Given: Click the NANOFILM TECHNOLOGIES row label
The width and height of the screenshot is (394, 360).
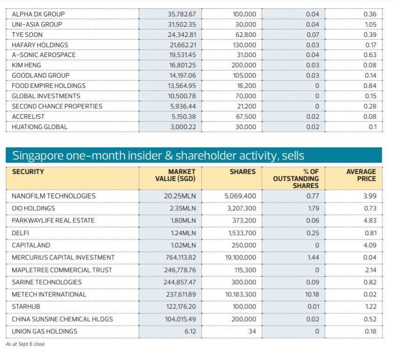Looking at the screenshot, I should (x=54, y=196).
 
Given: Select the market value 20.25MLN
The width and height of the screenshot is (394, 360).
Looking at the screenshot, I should (x=182, y=196).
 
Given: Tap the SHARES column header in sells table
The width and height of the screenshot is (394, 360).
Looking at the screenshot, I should (x=242, y=172).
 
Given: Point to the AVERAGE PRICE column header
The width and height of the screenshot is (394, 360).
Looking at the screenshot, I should (x=361, y=175).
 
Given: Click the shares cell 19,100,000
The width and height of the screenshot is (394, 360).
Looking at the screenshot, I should (x=241, y=257).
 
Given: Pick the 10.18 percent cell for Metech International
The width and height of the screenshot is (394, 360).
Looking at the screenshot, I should (x=312, y=295).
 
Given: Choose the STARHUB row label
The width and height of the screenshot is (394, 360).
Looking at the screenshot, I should (x=26, y=307).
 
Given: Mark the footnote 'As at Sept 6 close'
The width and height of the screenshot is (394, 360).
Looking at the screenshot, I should (x=25, y=344).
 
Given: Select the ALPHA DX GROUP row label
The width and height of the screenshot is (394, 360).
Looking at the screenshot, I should (x=38, y=14).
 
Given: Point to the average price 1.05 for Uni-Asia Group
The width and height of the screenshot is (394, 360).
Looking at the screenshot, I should (x=370, y=24).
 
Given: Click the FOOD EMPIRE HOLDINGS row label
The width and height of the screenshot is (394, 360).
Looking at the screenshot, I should (x=49, y=86).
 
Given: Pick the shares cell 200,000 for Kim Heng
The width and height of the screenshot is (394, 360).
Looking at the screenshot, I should (x=244, y=65).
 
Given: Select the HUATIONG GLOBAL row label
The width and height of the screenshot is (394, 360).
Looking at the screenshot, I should (x=40, y=127).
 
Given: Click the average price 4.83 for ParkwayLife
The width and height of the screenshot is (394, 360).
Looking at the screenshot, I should (x=370, y=220).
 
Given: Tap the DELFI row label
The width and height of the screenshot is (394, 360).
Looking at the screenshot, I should (x=21, y=233).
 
